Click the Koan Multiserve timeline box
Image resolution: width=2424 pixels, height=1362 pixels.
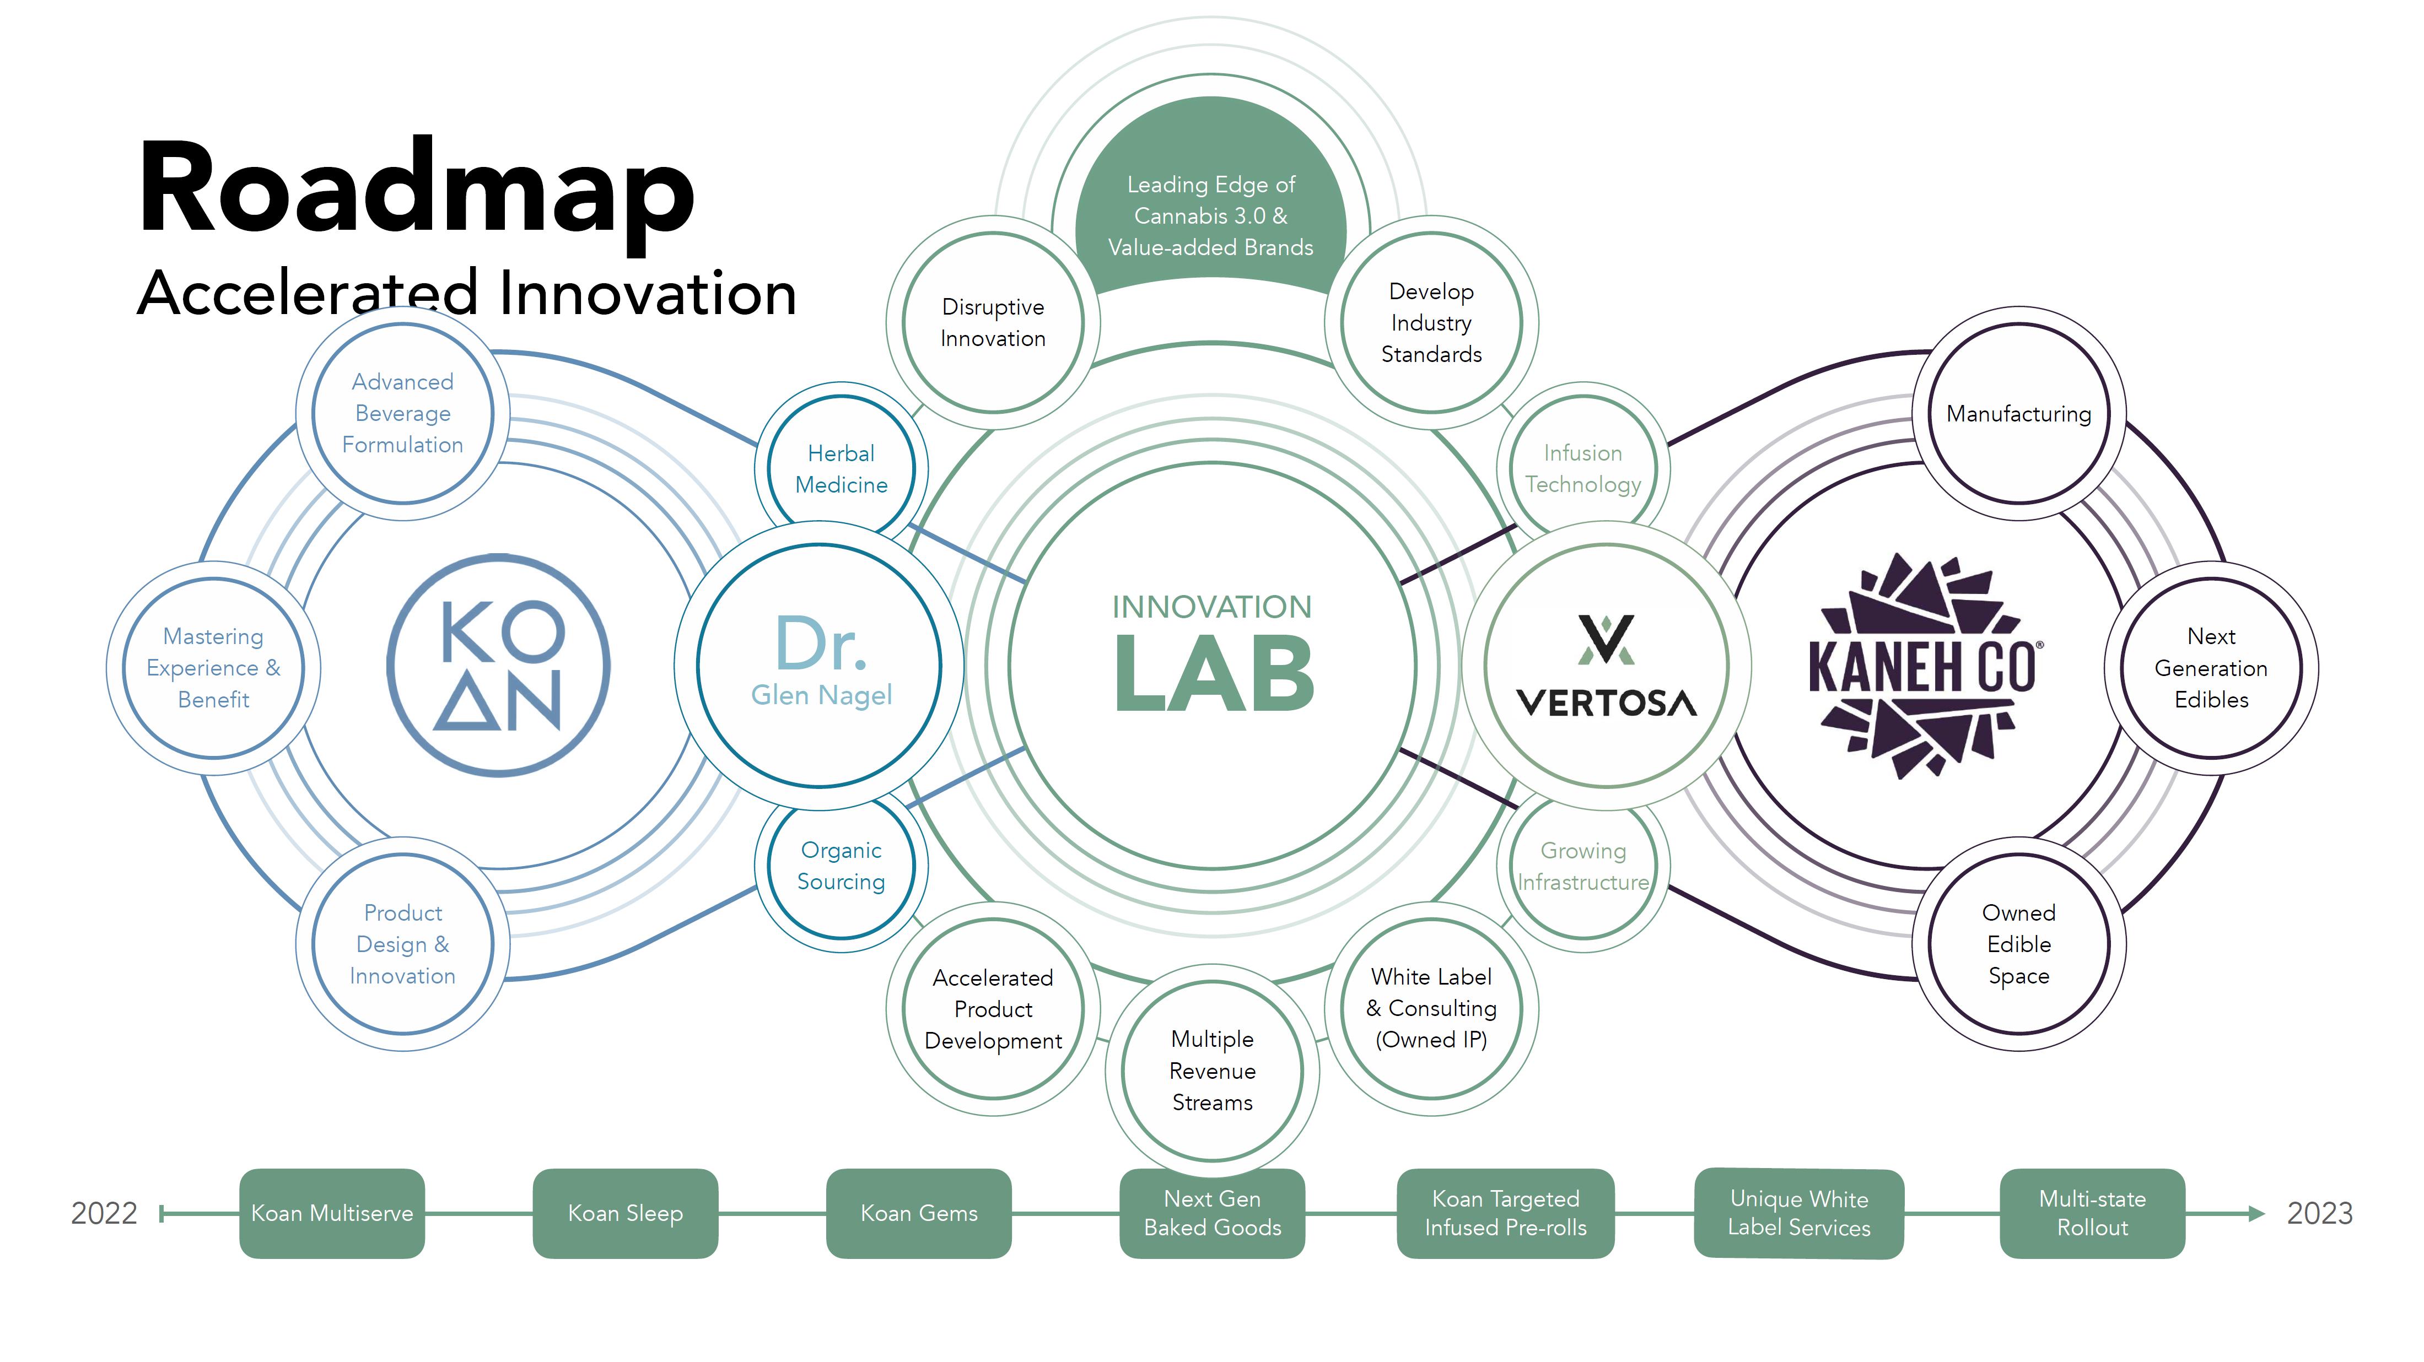pyautogui.click(x=332, y=1213)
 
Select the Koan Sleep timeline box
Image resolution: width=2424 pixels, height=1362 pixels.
pyautogui.click(x=626, y=1213)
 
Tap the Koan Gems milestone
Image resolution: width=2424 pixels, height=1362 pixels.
pyautogui.click(x=919, y=1213)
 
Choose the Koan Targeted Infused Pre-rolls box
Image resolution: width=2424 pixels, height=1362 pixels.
pyautogui.click(x=1506, y=1213)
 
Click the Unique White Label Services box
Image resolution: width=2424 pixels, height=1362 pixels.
pyautogui.click(x=1799, y=1213)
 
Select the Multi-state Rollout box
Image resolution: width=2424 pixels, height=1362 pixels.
pyautogui.click(x=2093, y=1213)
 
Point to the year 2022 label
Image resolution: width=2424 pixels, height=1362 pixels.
pyautogui.click(x=104, y=1213)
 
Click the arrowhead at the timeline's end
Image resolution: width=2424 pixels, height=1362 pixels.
pyautogui.click(x=2256, y=1213)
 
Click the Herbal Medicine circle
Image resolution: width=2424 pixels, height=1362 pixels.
pyautogui.click(x=841, y=468)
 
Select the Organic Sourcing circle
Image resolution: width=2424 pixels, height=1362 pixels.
pyautogui.click(x=841, y=866)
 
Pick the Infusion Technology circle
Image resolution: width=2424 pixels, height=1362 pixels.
pyautogui.click(x=1583, y=468)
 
